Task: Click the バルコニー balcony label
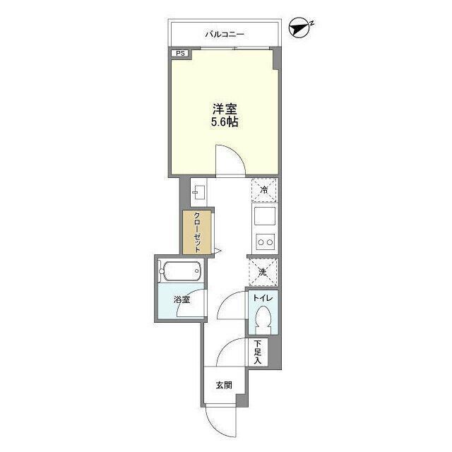click(x=225, y=35)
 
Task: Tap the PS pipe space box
click(x=180, y=54)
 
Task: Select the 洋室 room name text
click(x=225, y=109)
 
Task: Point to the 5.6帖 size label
click(x=225, y=122)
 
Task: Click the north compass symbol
click(x=300, y=28)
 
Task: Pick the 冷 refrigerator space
click(x=264, y=190)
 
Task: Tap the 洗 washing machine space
click(x=263, y=272)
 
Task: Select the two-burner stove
click(x=266, y=242)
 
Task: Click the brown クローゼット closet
click(x=197, y=232)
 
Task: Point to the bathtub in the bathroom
click(x=180, y=271)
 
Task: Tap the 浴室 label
click(x=182, y=299)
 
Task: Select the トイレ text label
click(x=263, y=298)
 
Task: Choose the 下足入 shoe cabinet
click(x=258, y=352)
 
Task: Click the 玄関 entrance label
click(x=224, y=385)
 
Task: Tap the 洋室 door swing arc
click(x=237, y=154)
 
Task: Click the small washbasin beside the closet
click(x=198, y=192)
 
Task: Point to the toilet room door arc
click(x=226, y=299)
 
